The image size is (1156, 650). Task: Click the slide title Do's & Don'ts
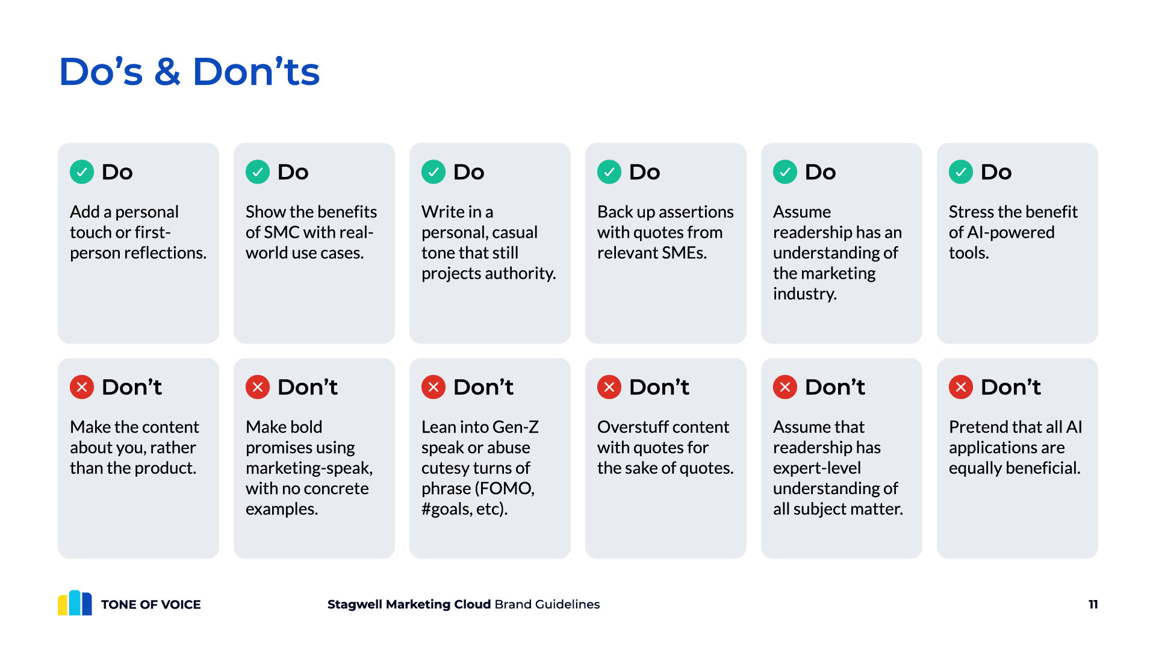tap(189, 72)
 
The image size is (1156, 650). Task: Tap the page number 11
tap(1093, 604)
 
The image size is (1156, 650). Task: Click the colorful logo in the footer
tap(75, 602)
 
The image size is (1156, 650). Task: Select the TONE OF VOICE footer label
tap(151, 604)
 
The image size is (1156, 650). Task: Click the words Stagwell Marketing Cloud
tap(409, 604)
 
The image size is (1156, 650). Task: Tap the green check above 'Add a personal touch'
tap(82, 172)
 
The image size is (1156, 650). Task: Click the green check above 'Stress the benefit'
tap(961, 172)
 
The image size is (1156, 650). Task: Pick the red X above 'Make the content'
tap(82, 387)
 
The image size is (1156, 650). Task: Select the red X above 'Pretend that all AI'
tap(961, 387)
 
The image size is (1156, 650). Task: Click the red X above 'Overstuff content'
tap(609, 387)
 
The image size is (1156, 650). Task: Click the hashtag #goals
tap(446, 509)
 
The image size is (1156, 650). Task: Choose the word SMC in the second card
tap(282, 232)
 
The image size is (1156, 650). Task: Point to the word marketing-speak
tap(309, 468)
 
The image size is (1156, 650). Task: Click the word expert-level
tap(817, 468)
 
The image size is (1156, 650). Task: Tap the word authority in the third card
tap(520, 273)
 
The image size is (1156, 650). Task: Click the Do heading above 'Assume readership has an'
tap(820, 172)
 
